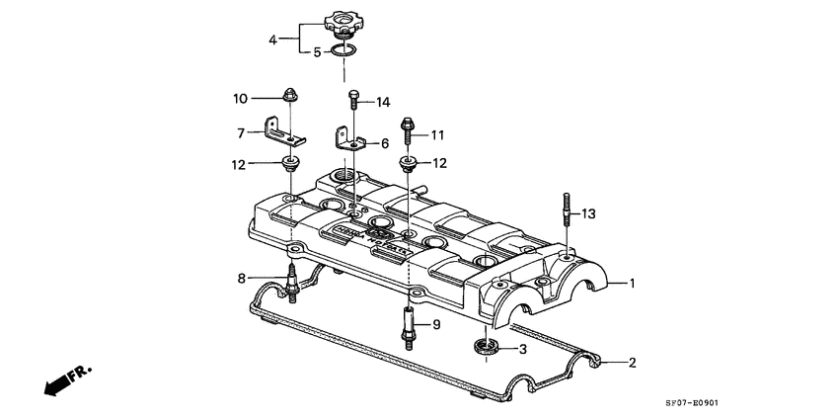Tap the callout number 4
tap(273, 41)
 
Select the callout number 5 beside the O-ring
tap(317, 52)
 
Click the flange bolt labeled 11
tap(406, 127)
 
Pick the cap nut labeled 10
tap(291, 97)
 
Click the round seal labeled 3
tap(485, 347)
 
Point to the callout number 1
tap(633, 284)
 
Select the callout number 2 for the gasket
tap(633, 363)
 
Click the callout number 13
tap(589, 213)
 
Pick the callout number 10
tap(241, 98)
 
